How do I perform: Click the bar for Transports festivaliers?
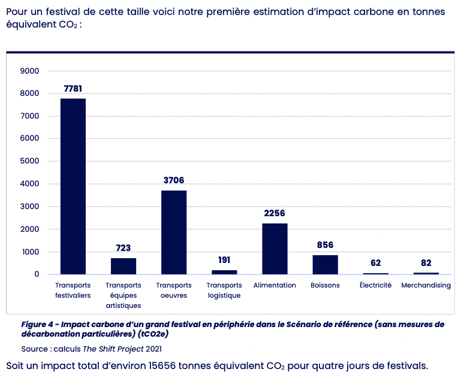click(x=73, y=186)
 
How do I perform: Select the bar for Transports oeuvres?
click(x=174, y=232)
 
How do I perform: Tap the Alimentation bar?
click(x=275, y=249)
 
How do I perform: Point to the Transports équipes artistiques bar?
click(x=123, y=266)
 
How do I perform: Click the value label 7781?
click(x=73, y=89)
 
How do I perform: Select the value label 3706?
click(x=174, y=180)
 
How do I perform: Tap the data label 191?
click(x=224, y=260)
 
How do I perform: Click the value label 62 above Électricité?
click(x=375, y=263)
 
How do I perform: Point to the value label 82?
click(x=426, y=263)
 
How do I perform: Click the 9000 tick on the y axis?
click(x=30, y=71)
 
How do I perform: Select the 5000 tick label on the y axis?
click(x=30, y=162)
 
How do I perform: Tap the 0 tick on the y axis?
click(x=37, y=274)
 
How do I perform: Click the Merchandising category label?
click(x=426, y=285)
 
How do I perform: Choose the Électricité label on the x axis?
click(x=375, y=285)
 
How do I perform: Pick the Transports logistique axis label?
click(x=224, y=290)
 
